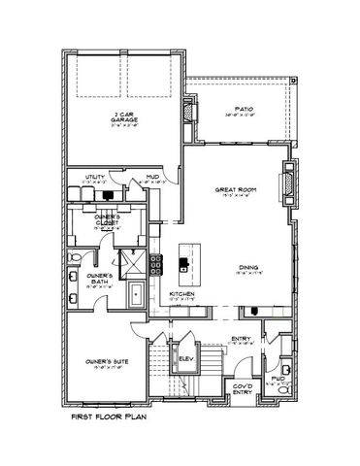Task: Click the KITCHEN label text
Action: coord(183,292)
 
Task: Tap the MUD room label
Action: coord(152,176)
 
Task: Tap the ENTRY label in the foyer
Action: coord(241,338)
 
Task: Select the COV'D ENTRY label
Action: coord(241,391)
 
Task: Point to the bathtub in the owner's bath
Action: coord(134,292)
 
